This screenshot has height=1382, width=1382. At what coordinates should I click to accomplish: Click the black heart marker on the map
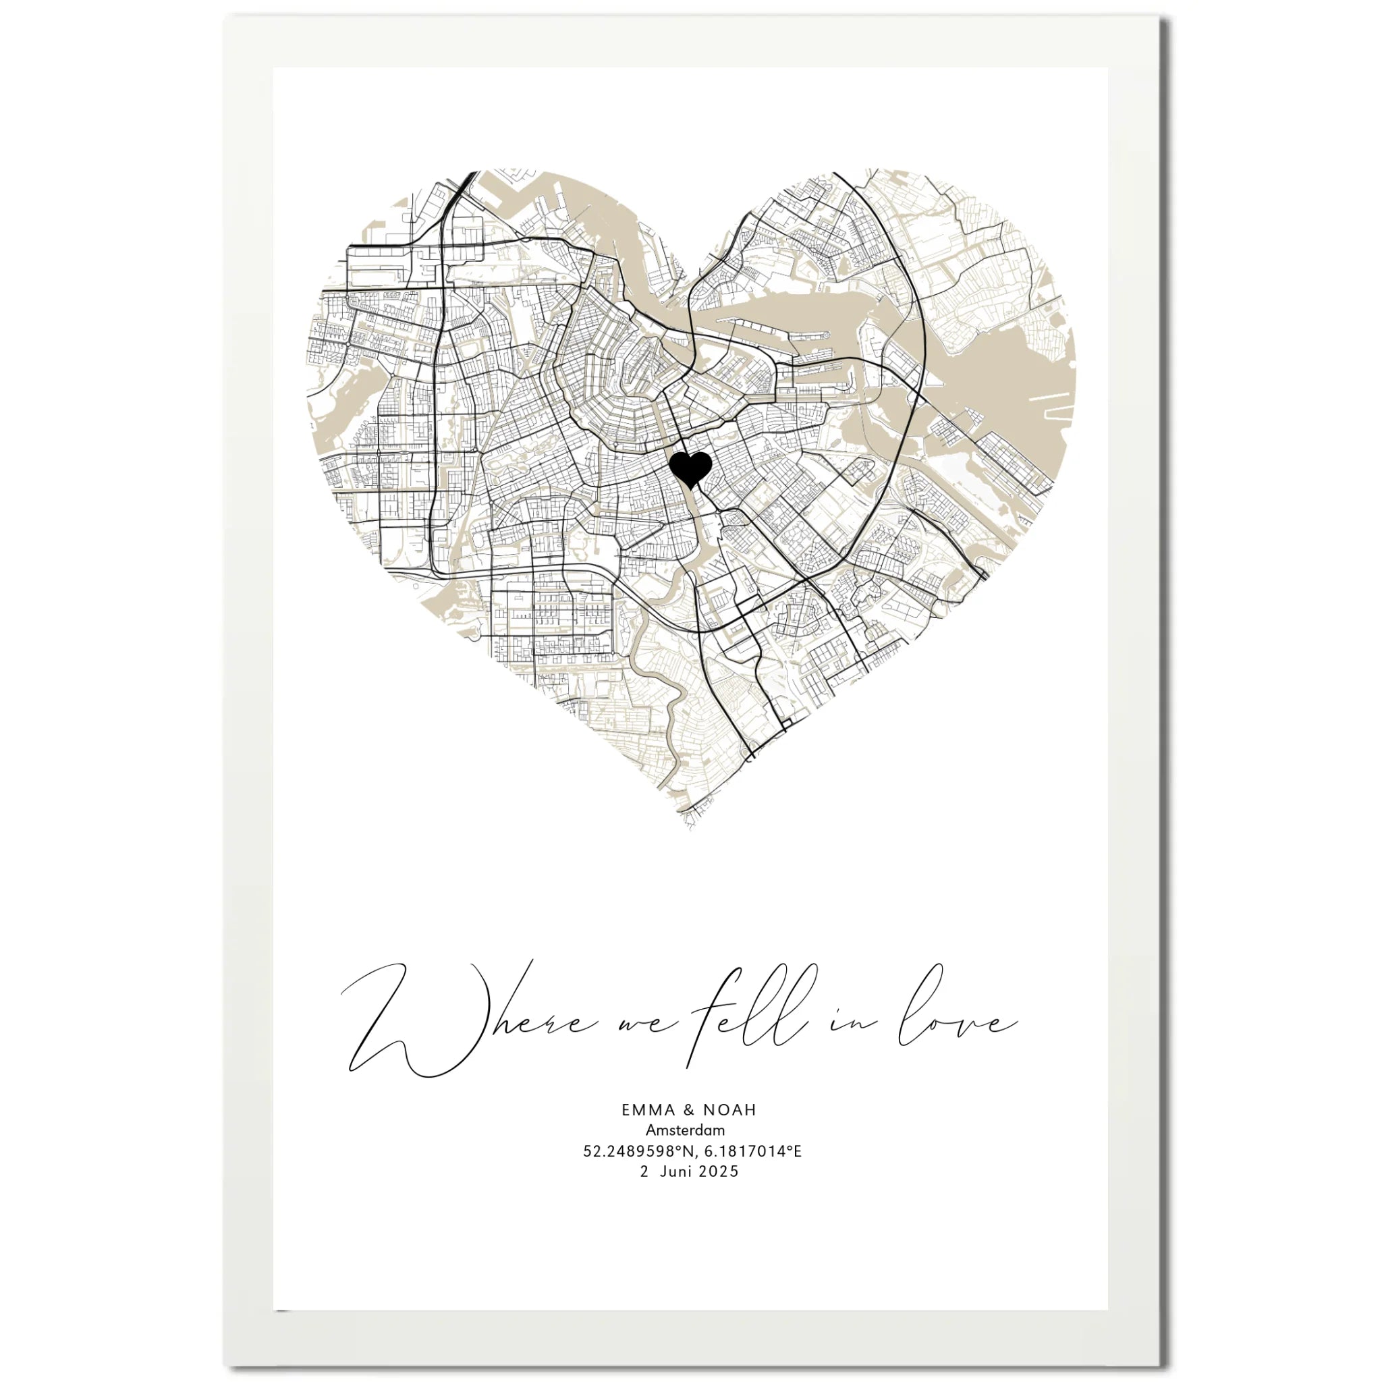coord(690,469)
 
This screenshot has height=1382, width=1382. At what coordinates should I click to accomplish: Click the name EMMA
coord(648,1110)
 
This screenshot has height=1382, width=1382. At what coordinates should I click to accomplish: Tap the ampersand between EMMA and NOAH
coord(689,1110)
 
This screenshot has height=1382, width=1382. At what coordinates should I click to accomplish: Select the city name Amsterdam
coord(686,1130)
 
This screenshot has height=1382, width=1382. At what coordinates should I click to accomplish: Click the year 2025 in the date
coord(719,1171)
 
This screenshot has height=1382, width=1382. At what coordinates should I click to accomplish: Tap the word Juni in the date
coord(676,1171)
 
